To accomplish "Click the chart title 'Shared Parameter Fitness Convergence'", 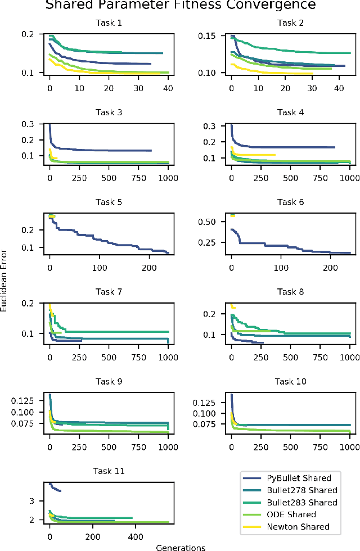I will click(x=180, y=5).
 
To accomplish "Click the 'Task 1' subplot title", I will click(x=109, y=23).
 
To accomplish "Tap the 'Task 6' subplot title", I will click(x=291, y=202).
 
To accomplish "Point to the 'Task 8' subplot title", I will click(x=291, y=292).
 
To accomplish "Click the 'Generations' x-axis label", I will click(x=180, y=547).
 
